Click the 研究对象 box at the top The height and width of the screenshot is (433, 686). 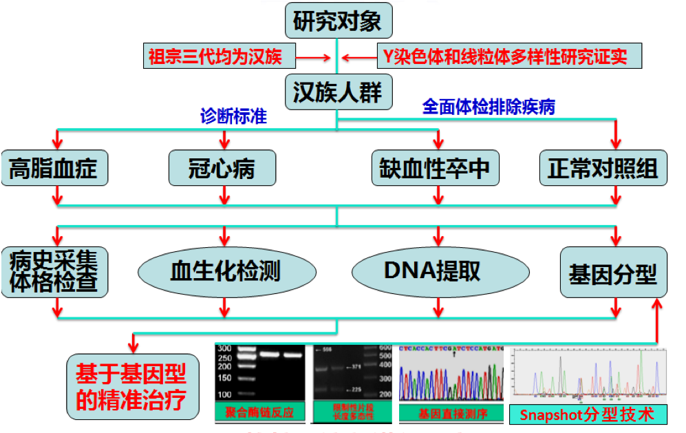pos(337,21)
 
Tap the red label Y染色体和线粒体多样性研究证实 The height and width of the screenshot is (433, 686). pos(509,56)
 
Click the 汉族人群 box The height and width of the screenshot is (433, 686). pos(337,92)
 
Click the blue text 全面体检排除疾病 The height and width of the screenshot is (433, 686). pos(489,107)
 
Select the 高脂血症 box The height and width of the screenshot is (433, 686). pos(54,168)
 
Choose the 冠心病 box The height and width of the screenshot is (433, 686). pos(222,168)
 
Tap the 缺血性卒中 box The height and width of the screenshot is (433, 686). pos(435,168)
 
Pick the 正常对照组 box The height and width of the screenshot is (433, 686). pos(603,168)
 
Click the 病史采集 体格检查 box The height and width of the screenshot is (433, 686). pos(54,272)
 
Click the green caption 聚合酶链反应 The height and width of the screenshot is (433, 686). pos(259,413)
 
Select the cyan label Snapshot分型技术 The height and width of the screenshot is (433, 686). pos(588,415)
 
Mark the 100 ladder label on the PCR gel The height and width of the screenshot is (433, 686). pos(224,394)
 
